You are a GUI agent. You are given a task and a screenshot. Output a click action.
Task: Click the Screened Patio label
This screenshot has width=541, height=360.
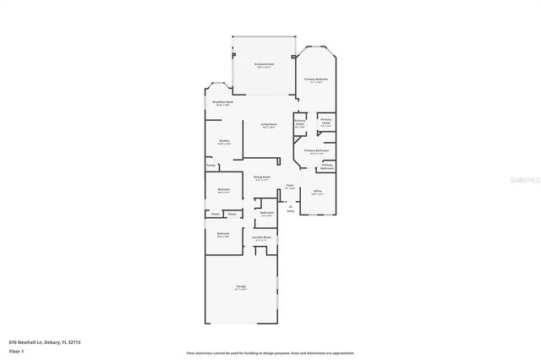pyautogui.click(x=265, y=64)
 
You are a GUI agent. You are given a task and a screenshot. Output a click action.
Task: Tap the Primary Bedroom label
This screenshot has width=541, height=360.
pyautogui.click(x=317, y=79)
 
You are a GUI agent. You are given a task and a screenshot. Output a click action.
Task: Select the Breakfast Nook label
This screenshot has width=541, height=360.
pyautogui.click(x=222, y=102)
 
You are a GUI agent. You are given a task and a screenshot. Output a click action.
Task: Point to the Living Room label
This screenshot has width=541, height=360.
pyautogui.click(x=269, y=124)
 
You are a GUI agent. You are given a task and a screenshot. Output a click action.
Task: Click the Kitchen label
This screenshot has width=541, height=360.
pyautogui.click(x=224, y=141)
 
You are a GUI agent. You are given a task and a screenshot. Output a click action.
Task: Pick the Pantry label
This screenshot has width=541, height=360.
pyautogui.click(x=210, y=166)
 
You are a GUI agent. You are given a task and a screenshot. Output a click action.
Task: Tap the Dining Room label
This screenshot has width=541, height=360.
pyautogui.click(x=261, y=177)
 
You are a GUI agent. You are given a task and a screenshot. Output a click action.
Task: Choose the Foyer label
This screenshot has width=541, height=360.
pyautogui.click(x=289, y=184)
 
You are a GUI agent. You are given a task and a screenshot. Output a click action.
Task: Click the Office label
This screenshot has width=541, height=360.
pyautogui.click(x=317, y=192)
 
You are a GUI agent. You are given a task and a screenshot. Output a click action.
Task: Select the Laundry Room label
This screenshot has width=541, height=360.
pyautogui.click(x=261, y=237)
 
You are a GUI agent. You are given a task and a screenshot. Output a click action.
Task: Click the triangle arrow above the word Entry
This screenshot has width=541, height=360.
pyautogui.click(x=290, y=205)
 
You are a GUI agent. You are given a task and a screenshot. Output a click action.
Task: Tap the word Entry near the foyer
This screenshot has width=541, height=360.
pyautogui.click(x=290, y=211)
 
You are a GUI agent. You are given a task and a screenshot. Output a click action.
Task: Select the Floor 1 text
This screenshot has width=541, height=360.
pyautogui.click(x=15, y=352)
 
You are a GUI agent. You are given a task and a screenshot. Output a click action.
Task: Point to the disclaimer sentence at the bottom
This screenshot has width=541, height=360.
pyautogui.click(x=270, y=353)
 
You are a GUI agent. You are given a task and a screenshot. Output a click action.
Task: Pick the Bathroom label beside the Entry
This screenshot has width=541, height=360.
pyautogui.click(x=266, y=213)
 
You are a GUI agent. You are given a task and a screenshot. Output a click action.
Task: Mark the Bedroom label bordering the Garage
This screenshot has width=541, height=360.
pyautogui.click(x=222, y=234)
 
